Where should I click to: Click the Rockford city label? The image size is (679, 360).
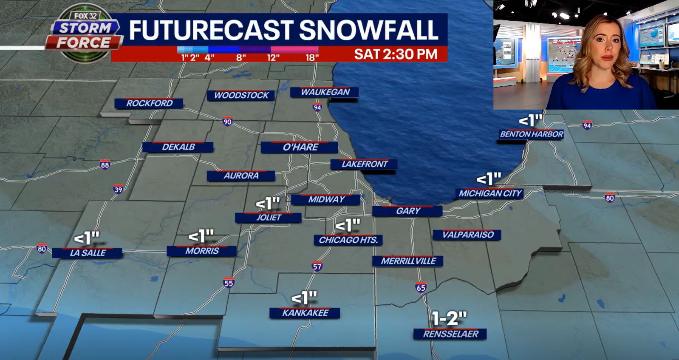(x=149, y=103)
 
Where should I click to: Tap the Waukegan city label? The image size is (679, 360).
(x=325, y=92)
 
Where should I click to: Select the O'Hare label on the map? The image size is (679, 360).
(x=300, y=147)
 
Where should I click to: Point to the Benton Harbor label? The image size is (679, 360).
(x=531, y=134)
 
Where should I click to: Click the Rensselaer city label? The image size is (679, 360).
(x=450, y=334)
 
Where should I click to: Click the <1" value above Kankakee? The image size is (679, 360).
(x=304, y=298)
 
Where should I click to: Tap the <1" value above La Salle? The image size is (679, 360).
(x=87, y=238)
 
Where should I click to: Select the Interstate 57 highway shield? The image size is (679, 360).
(x=317, y=266)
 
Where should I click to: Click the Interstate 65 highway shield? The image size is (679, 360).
(x=421, y=288)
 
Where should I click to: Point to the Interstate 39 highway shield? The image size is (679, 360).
(x=118, y=190)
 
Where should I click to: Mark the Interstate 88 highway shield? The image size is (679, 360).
(x=105, y=165)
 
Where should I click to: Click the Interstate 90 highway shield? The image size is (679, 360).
(x=227, y=122)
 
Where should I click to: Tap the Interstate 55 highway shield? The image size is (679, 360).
(x=229, y=283)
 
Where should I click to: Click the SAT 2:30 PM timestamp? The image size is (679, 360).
(x=396, y=54)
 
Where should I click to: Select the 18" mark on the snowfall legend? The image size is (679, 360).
(x=312, y=57)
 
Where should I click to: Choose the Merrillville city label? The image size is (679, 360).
(x=408, y=261)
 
